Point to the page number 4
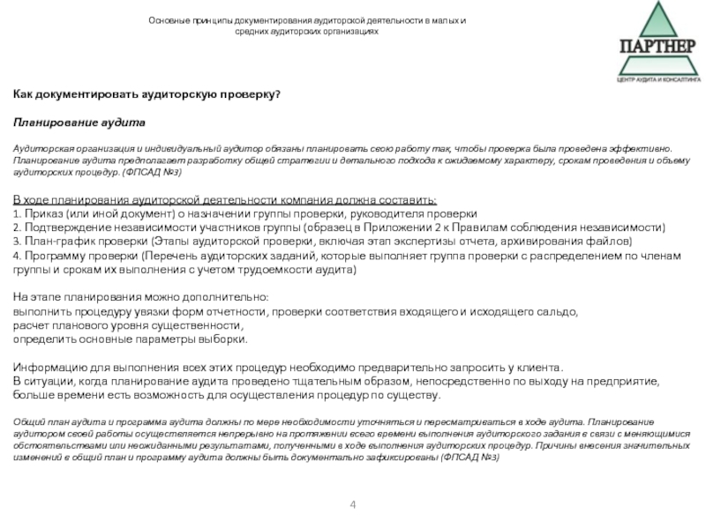(353, 504)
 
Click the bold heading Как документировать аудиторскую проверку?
(146, 93)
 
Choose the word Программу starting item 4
(55, 256)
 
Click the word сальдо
(560, 312)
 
